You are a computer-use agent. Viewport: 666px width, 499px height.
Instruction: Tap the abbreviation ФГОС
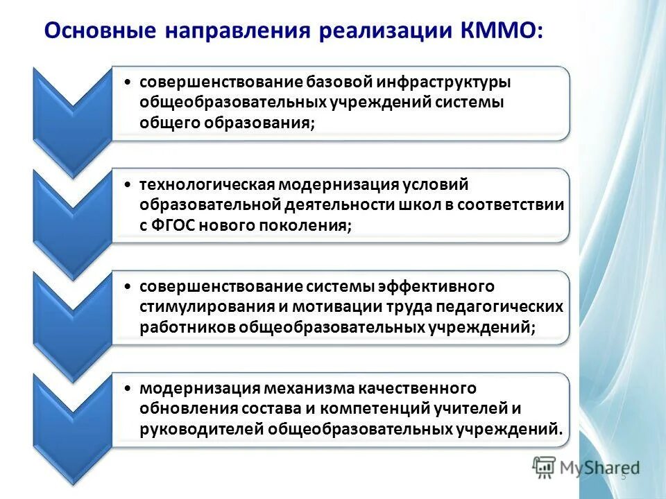[171, 225]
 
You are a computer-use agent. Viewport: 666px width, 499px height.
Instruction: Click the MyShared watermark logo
[586, 468]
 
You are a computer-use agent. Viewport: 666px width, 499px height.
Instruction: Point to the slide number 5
[623, 476]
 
